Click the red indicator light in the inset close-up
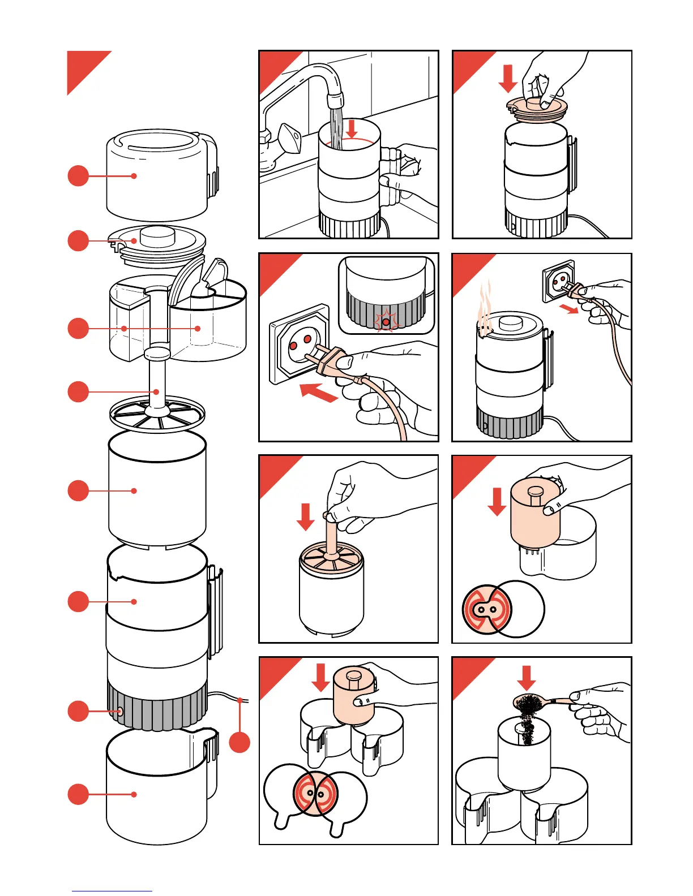386,322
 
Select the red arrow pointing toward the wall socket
318,392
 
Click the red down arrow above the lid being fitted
508,78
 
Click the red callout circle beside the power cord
239,742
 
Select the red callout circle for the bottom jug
78,794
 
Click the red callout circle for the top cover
78,176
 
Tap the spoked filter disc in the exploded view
157,415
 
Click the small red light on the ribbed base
119,711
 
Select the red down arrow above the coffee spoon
527,678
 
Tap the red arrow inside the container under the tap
352,128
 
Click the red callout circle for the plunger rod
78,391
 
